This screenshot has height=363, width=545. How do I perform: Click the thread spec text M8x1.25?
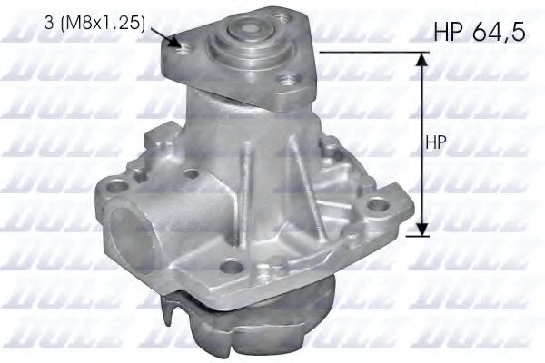click(x=103, y=24)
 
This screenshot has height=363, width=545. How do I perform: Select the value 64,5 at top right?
click(x=499, y=34)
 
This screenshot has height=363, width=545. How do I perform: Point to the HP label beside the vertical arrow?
click(x=436, y=144)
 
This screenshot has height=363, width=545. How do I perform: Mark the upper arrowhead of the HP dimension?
click(x=421, y=60)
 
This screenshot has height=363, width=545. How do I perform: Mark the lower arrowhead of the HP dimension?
click(x=421, y=228)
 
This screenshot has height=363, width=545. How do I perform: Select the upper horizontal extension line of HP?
click(x=372, y=53)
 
